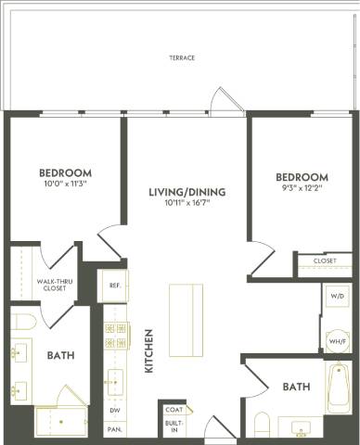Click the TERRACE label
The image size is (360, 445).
181,57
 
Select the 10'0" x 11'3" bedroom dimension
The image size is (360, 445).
65,184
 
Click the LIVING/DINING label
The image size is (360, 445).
187,192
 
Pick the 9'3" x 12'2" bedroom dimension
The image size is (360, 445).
302,189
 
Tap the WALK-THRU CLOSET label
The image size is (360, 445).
43,284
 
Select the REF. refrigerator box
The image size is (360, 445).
114,286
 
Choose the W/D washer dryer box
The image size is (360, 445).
337,298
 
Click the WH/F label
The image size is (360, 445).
337,343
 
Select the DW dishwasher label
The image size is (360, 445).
114,410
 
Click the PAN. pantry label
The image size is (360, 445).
114,429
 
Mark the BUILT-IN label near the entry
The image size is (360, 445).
173,427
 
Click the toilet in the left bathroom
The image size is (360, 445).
25,323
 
